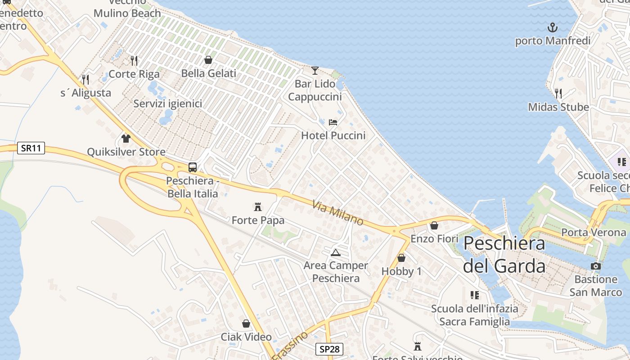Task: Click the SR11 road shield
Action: pyautogui.click(x=31, y=148)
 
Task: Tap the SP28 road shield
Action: pyautogui.click(x=329, y=349)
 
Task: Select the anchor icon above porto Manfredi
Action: pyautogui.click(x=552, y=27)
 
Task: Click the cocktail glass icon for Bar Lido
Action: pyautogui.click(x=315, y=70)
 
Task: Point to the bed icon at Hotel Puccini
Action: pyautogui.click(x=333, y=122)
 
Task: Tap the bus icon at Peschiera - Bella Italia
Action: pyautogui.click(x=193, y=167)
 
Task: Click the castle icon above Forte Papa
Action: pyautogui.click(x=258, y=207)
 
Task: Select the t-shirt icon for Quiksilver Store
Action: pyautogui.click(x=126, y=138)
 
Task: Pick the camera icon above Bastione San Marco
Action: pyautogui.click(x=596, y=266)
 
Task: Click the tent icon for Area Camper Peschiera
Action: pyautogui.click(x=335, y=252)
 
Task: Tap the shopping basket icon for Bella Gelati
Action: pyautogui.click(x=208, y=60)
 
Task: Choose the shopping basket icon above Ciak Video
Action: pyautogui.click(x=246, y=324)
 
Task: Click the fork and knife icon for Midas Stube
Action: pyautogui.click(x=558, y=94)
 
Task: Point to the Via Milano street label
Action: pyautogui.click(x=337, y=213)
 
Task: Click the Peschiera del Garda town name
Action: pyautogui.click(x=504, y=254)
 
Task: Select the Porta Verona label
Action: pyautogui.click(x=594, y=233)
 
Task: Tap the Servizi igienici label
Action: pyautogui.click(x=167, y=103)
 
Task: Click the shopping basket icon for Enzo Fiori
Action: pyautogui.click(x=434, y=225)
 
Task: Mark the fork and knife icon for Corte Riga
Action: pyautogui.click(x=134, y=60)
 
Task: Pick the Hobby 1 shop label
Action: pyautogui.click(x=401, y=271)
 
